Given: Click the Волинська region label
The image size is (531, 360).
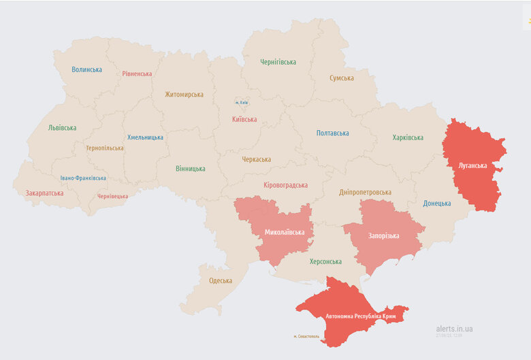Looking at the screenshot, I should [x=86, y=69].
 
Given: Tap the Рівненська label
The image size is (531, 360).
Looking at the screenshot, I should [x=138, y=73].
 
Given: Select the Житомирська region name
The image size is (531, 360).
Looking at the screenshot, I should [x=184, y=95].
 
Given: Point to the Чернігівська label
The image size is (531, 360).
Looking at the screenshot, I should [x=278, y=62].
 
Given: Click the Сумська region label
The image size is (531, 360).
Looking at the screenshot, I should [x=342, y=78].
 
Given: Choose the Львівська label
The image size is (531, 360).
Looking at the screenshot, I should [x=62, y=127].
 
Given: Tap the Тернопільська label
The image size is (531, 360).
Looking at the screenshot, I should [x=105, y=148].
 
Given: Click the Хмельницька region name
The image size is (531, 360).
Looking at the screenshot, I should [x=145, y=137].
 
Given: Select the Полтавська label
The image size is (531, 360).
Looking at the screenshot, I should [x=332, y=133].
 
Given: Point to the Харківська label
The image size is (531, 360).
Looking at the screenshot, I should [x=408, y=137].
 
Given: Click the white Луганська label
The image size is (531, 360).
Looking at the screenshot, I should [x=472, y=165].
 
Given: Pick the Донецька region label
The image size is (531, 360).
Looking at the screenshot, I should [x=436, y=203].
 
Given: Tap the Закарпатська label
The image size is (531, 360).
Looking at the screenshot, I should [x=45, y=193].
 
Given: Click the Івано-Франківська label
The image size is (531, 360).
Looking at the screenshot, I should [x=83, y=178].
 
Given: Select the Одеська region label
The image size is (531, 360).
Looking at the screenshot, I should [x=221, y=280].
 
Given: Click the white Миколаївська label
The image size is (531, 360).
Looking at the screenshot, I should [x=285, y=232].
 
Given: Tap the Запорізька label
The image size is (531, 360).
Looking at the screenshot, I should [x=384, y=235].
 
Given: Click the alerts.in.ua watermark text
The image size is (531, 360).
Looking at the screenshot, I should [x=454, y=329].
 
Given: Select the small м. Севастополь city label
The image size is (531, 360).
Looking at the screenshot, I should [x=306, y=336].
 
